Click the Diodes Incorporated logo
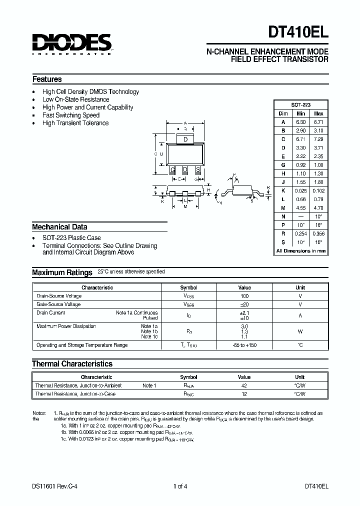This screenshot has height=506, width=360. pyautogui.click(x=72, y=44)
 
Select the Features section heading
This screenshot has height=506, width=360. pyautogui.click(x=47, y=79)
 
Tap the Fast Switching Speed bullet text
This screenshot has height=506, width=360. pyautogui.click(x=71, y=115)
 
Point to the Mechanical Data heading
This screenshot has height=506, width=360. pyautogui.click(x=59, y=226)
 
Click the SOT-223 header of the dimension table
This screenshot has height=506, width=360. pyautogui.click(x=301, y=105)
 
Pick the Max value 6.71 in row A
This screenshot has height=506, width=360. pyautogui.click(x=318, y=122)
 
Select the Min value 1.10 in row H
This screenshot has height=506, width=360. pyautogui.click(x=301, y=173)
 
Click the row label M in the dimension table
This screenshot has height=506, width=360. pyautogui.click(x=283, y=208)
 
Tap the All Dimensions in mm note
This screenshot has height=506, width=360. pyautogui.click(x=301, y=251)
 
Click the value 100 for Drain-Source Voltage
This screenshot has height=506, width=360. pyautogui.click(x=244, y=296)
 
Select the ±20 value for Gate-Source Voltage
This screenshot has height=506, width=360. pyautogui.click(x=244, y=304)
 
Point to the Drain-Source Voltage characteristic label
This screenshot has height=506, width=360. pyautogui.click(x=59, y=296)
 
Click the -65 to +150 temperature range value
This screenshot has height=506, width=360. pyautogui.click(x=244, y=345)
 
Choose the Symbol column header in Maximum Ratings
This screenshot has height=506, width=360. pyautogui.click(x=188, y=287)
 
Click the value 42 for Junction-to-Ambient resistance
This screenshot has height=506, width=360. pyautogui.click(x=244, y=385)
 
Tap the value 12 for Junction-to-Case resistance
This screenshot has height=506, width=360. pyautogui.click(x=244, y=394)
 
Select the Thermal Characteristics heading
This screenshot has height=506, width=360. pyautogui.click(x=72, y=364)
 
